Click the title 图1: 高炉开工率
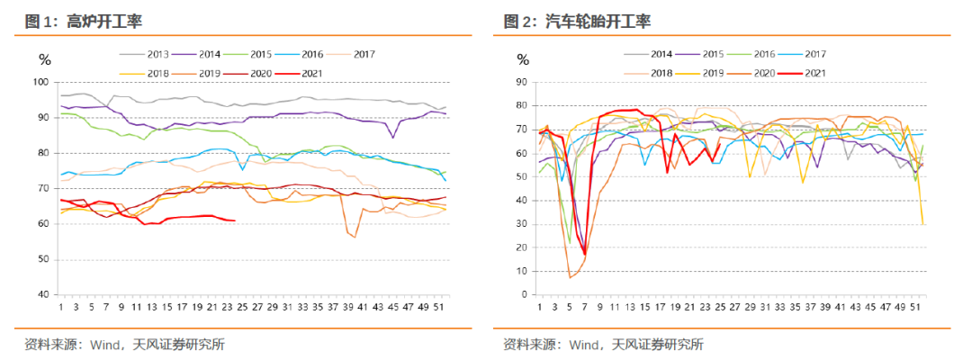pos(84,21)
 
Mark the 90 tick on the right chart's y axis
pos(521,82)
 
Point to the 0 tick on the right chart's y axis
pos(524,294)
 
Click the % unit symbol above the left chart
pos(44,60)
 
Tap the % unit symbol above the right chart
pos(523,60)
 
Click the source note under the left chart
pos(125,344)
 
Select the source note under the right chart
pos(604,344)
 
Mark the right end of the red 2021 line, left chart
pos(235,220)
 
